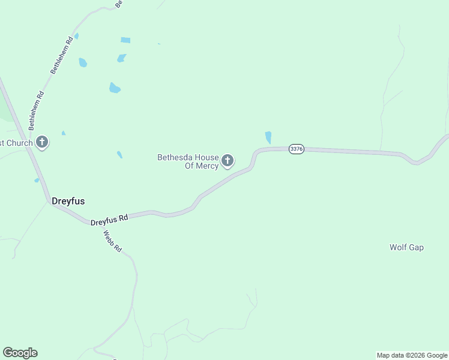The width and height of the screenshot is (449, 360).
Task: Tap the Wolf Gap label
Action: click(406, 247)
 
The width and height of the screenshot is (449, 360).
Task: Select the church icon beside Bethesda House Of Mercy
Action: click(228, 161)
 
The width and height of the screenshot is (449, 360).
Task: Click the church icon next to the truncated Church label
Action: click(42, 142)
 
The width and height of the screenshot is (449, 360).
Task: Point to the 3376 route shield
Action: click(296, 149)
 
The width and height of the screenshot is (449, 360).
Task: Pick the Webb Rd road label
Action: click(113, 241)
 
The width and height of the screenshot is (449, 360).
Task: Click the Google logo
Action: click(20, 353)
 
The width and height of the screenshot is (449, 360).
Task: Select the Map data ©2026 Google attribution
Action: click(412, 355)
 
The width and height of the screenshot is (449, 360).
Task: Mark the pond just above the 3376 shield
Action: click(268, 137)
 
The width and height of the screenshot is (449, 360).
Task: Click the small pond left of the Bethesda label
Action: click(119, 154)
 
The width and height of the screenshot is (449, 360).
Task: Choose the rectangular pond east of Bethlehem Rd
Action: click(125, 40)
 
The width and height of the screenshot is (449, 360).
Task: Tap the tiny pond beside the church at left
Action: click(64, 133)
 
